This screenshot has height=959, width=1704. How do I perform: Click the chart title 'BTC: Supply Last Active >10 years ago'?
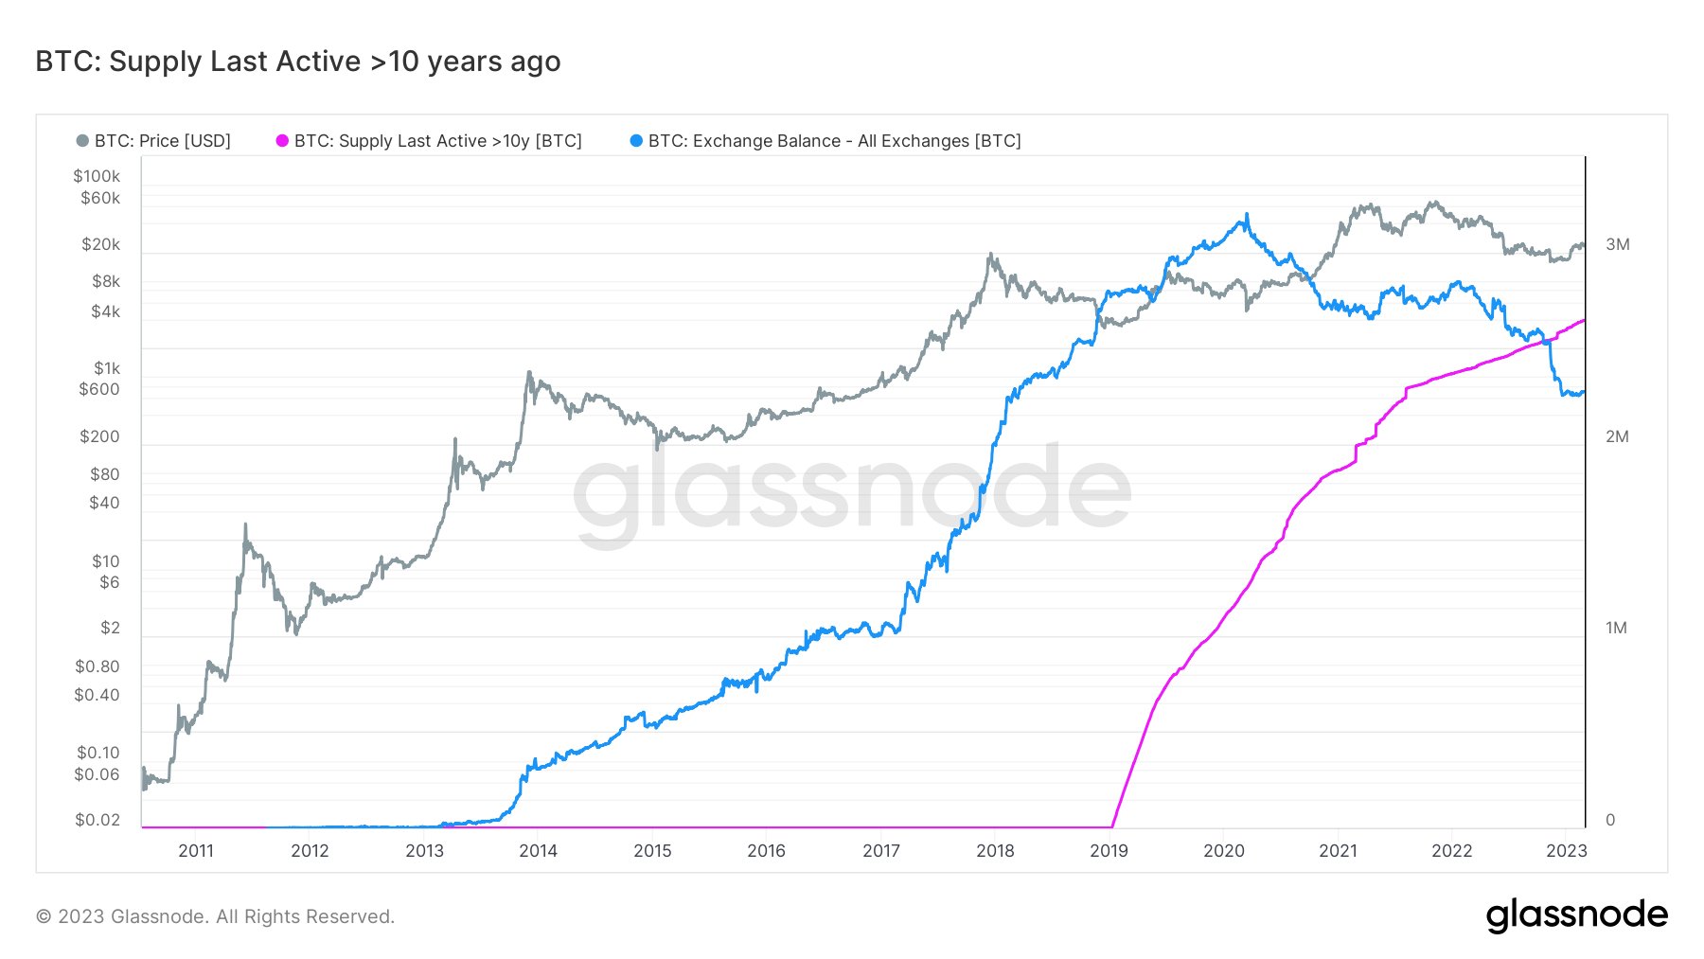pyautogui.click(x=297, y=62)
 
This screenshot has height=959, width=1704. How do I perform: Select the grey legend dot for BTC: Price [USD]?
pyautogui.click(x=82, y=141)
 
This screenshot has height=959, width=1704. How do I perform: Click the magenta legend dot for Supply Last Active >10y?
pyautogui.click(x=282, y=141)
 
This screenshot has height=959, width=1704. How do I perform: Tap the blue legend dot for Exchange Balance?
pyautogui.click(x=636, y=141)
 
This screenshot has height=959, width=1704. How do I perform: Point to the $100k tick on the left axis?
pyautogui.click(x=97, y=176)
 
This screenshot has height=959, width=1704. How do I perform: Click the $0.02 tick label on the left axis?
pyautogui.click(x=98, y=820)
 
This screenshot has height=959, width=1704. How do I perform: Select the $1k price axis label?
pyautogui.click(x=106, y=368)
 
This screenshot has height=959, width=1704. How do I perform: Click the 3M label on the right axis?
pyautogui.click(x=1617, y=244)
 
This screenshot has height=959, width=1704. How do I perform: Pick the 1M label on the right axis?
pyautogui.click(x=1616, y=628)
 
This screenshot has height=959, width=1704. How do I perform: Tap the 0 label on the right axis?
pyautogui.click(x=1610, y=820)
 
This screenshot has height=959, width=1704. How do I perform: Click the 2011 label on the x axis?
pyautogui.click(x=196, y=850)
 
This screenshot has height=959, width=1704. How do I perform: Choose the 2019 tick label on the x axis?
pyautogui.click(x=1109, y=850)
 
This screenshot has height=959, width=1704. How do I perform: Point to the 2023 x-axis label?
pyautogui.click(x=1566, y=850)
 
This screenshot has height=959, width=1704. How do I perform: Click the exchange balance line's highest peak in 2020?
pyautogui.click(x=1247, y=215)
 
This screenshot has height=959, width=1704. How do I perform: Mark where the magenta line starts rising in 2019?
pyautogui.click(x=1112, y=826)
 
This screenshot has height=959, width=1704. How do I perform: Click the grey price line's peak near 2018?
pyautogui.click(x=990, y=254)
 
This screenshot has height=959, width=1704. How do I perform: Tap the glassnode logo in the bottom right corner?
pyautogui.click(x=1576, y=915)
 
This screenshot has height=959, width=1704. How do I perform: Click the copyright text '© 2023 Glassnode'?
pyautogui.click(x=215, y=916)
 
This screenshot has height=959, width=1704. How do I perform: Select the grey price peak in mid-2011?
pyautogui.click(x=245, y=524)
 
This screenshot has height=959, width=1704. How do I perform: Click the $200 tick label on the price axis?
pyautogui.click(x=99, y=436)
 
